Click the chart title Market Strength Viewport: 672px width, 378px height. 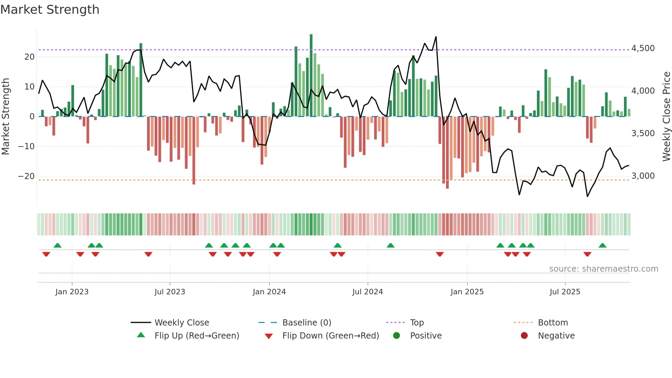pyautogui.click(x=50, y=10)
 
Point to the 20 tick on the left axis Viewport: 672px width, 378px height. pyautogui.click(x=29, y=57)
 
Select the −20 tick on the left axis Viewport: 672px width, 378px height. pyautogui.click(x=26, y=176)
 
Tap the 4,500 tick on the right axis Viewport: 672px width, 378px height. pyautogui.click(x=643, y=48)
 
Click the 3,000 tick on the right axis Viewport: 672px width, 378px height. pyautogui.click(x=643, y=176)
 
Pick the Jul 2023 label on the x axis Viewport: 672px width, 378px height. pyautogui.click(x=170, y=292)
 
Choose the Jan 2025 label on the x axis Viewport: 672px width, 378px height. pyautogui.click(x=467, y=292)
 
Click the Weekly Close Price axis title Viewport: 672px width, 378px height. pyautogui.click(x=666, y=116)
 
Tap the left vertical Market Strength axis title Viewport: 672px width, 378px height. pyautogui.click(x=5, y=116)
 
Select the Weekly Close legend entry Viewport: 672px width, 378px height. pyautogui.click(x=182, y=323)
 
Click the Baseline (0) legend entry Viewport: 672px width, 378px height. pyautogui.click(x=307, y=323)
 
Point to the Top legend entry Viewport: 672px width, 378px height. pyautogui.click(x=417, y=323)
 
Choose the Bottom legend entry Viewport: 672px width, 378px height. pyautogui.click(x=553, y=323)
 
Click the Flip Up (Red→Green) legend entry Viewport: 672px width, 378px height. pyautogui.click(x=196, y=336)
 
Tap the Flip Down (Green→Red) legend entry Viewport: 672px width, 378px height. pyautogui.click(x=331, y=336)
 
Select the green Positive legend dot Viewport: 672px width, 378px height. pyautogui.click(x=397, y=336)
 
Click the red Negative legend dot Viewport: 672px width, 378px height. pyautogui.click(x=524, y=336)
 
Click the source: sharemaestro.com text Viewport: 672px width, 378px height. pyautogui.click(x=603, y=269)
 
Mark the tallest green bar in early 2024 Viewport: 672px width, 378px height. pyautogui.click(x=311, y=75)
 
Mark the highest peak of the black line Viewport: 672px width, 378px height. pyautogui.click(x=436, y=37)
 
